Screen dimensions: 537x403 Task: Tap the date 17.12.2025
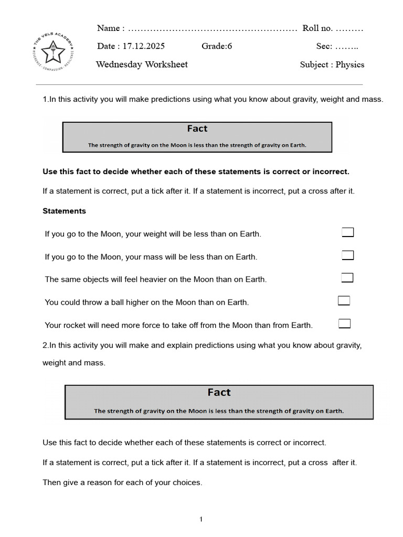point(143,46)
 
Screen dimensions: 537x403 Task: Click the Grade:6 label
point(217,46)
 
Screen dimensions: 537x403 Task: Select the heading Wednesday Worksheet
point(142,65)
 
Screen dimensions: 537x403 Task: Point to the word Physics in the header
point(349,65)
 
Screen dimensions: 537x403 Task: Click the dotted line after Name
point(213,29)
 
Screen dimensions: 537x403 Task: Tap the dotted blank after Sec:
point(346,47)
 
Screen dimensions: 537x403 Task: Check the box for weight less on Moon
point(347,232)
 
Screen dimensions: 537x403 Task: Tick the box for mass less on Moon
point(347,255)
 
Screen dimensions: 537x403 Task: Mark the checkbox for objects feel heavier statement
point(347,278)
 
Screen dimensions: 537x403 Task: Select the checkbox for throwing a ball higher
point(344,300)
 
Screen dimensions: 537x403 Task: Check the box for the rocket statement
point(344,324)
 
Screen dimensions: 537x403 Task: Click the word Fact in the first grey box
point(197,129)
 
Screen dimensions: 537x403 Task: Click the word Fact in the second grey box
point(219,393)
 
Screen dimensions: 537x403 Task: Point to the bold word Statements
point(64,211)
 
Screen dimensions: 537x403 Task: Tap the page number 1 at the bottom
point(201,519)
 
